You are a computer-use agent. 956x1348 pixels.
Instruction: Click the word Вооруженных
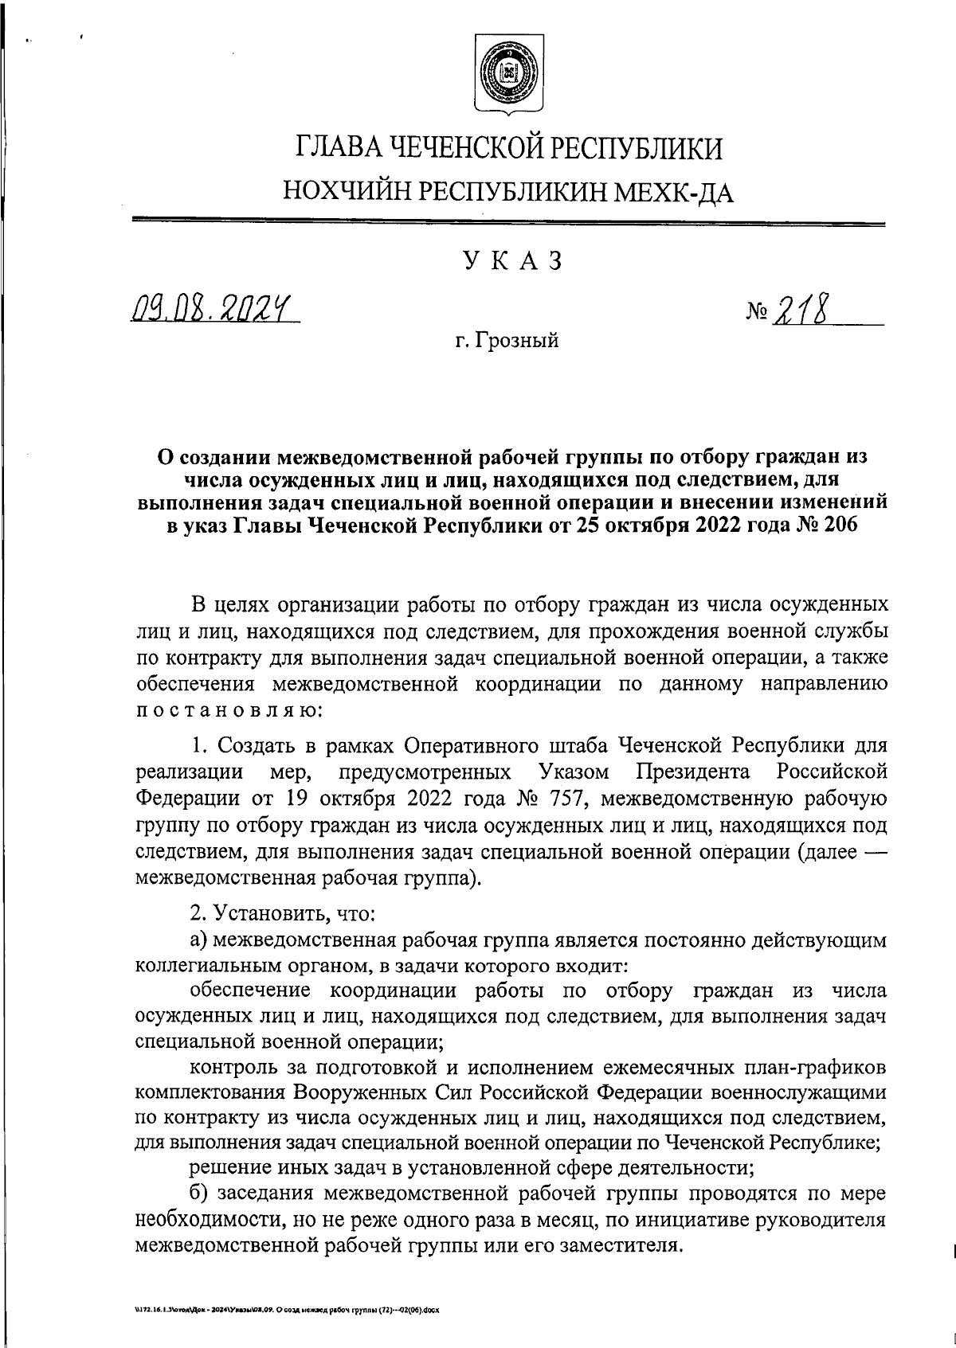pos(361,1091)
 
